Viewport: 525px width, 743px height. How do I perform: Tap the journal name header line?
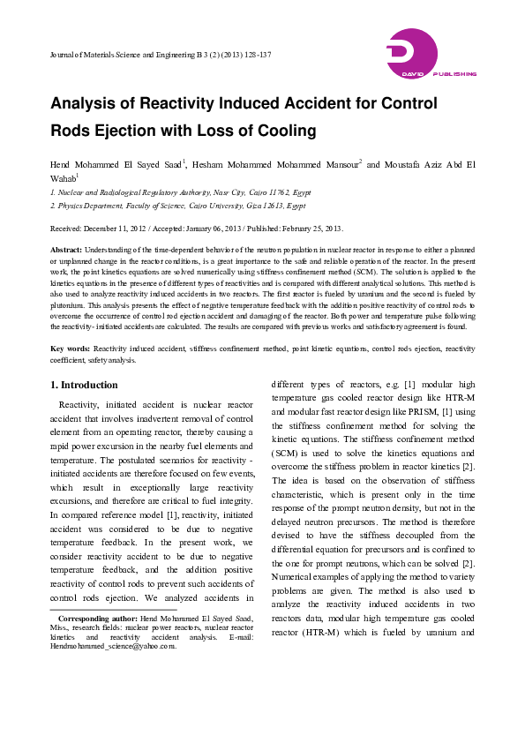tap(160, 55)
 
